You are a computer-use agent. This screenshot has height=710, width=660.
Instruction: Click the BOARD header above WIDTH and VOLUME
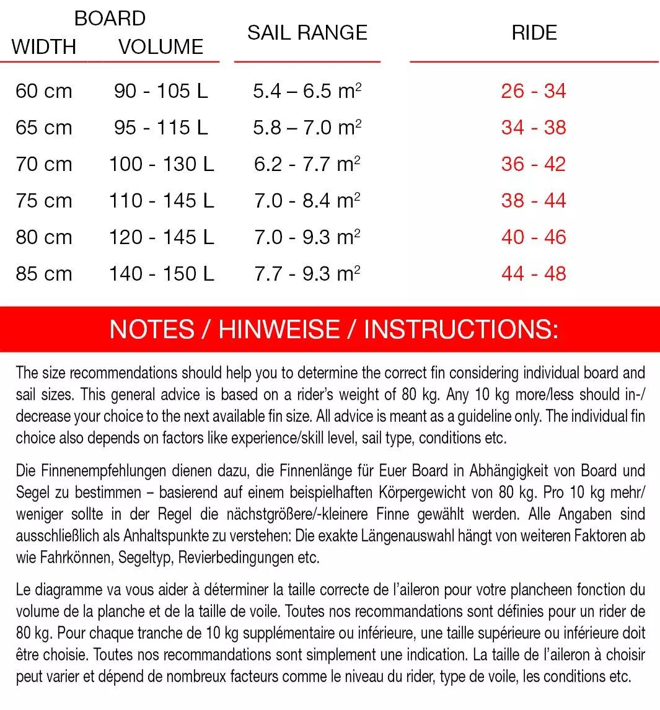(110, 19)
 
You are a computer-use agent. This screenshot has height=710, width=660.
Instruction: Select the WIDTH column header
(43, 47)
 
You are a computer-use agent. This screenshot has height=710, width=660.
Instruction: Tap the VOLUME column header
(161, 47)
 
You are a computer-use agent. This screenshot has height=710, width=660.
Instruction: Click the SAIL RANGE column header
(307, 33)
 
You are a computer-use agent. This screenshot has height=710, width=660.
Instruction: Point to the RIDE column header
(534, 33)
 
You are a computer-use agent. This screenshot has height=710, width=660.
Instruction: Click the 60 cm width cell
(44, 92)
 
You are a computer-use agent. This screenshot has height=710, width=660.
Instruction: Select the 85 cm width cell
(44, 274)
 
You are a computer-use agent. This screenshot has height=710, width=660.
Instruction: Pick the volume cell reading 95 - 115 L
(161, 128)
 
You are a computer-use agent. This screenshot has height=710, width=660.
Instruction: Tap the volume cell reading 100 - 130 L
(161, 165)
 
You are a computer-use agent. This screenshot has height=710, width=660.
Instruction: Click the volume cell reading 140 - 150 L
(161, 274)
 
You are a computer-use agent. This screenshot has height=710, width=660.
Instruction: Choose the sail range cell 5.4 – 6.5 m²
(307, 92)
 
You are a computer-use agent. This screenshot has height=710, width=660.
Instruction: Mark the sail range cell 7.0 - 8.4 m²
(307, 201)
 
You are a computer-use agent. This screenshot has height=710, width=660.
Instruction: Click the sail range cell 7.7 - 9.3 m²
(307, 274)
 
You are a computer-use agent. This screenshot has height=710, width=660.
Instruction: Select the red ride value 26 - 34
(534, 92)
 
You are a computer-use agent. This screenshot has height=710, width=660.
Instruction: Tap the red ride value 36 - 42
(534, 165)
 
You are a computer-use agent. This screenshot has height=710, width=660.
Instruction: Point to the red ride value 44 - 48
(534, 274)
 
